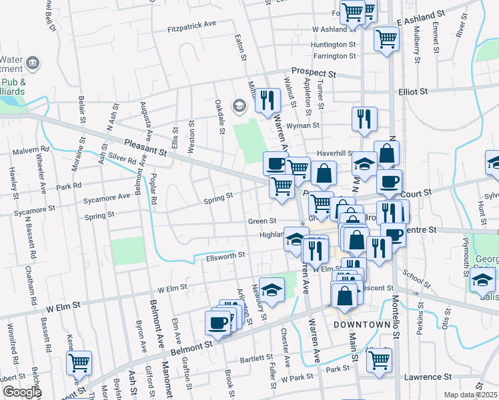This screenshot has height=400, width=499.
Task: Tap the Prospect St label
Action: [x=314, y=72]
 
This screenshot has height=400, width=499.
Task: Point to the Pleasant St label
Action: [x=145, y=147]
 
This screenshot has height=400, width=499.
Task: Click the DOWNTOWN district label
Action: [x=362, y=325]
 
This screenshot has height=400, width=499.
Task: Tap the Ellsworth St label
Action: [x=225, y=255]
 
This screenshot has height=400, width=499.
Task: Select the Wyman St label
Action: [x=304, y=125]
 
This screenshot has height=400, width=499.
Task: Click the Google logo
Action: [x=22, y=392]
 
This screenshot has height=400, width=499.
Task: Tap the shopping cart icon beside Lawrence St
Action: [x=380, y=359]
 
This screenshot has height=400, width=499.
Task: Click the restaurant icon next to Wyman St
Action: [x=364, y=119]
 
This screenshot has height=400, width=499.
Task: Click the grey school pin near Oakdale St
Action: [x=239, y=105]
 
